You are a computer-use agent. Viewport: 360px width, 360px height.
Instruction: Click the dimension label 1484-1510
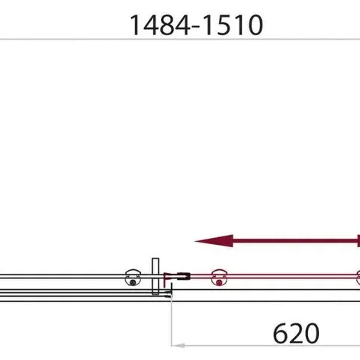pyautogui.click(x=196, y=25)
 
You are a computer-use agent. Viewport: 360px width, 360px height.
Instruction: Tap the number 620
pyautogui.click(x=296, y=333)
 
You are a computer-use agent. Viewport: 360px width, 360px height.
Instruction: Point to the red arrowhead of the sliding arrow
pyautogui.click(x=214, y=241)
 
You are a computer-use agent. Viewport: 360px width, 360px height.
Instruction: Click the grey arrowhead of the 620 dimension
pyautogui.click(x=178, y=346)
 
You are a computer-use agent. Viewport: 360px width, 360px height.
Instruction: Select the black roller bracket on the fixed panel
pyautogui.click(x=133, y=278)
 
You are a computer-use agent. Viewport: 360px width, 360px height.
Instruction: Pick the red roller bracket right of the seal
pyautogui.click(x=219, y=278)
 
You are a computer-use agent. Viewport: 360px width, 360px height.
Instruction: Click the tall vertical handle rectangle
pyautogui.click(x=156, y=276)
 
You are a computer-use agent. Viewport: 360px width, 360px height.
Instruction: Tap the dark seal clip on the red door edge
pyautogui.click(x=183, y=276)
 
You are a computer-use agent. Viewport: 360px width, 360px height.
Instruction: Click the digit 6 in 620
pyautogui.click(x=281, y=333)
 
